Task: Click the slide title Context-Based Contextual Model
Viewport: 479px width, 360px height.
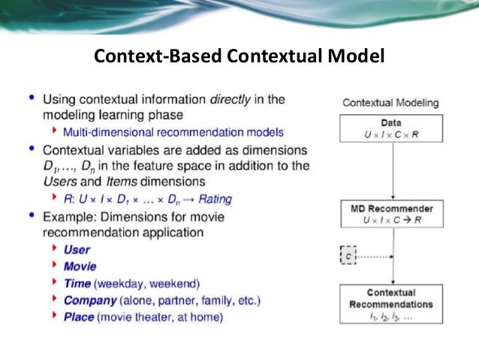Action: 238,56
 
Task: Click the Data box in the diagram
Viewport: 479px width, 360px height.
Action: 390,129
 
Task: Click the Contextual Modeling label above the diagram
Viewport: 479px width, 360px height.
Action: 390,103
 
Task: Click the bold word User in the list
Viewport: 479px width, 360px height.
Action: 77,250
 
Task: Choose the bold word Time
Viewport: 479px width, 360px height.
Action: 77,283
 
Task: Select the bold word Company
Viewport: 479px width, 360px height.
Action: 89,301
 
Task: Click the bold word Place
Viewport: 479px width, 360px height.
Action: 79,317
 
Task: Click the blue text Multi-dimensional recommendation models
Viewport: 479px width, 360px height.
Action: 173,132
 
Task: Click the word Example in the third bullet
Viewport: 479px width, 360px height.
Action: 69,216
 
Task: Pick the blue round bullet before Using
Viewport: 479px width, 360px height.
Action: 31,98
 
